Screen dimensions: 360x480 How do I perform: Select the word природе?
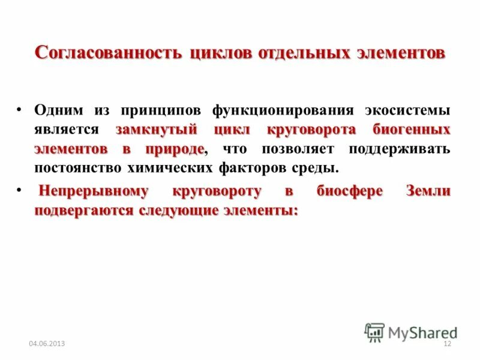pyautogui.click(x=173, y=149)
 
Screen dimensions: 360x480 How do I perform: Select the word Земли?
pyautogui.click(x=428, y=192)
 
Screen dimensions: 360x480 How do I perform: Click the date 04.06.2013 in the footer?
pyautogui.click(x=47, y=344)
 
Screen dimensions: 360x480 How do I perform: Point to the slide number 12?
pyautogui.click(x=446, y=344)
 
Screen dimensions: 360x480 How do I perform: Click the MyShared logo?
pyautogui.click(x=410, y=331)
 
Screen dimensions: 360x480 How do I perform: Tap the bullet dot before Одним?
pyautogui.click(x=21, y=110)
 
